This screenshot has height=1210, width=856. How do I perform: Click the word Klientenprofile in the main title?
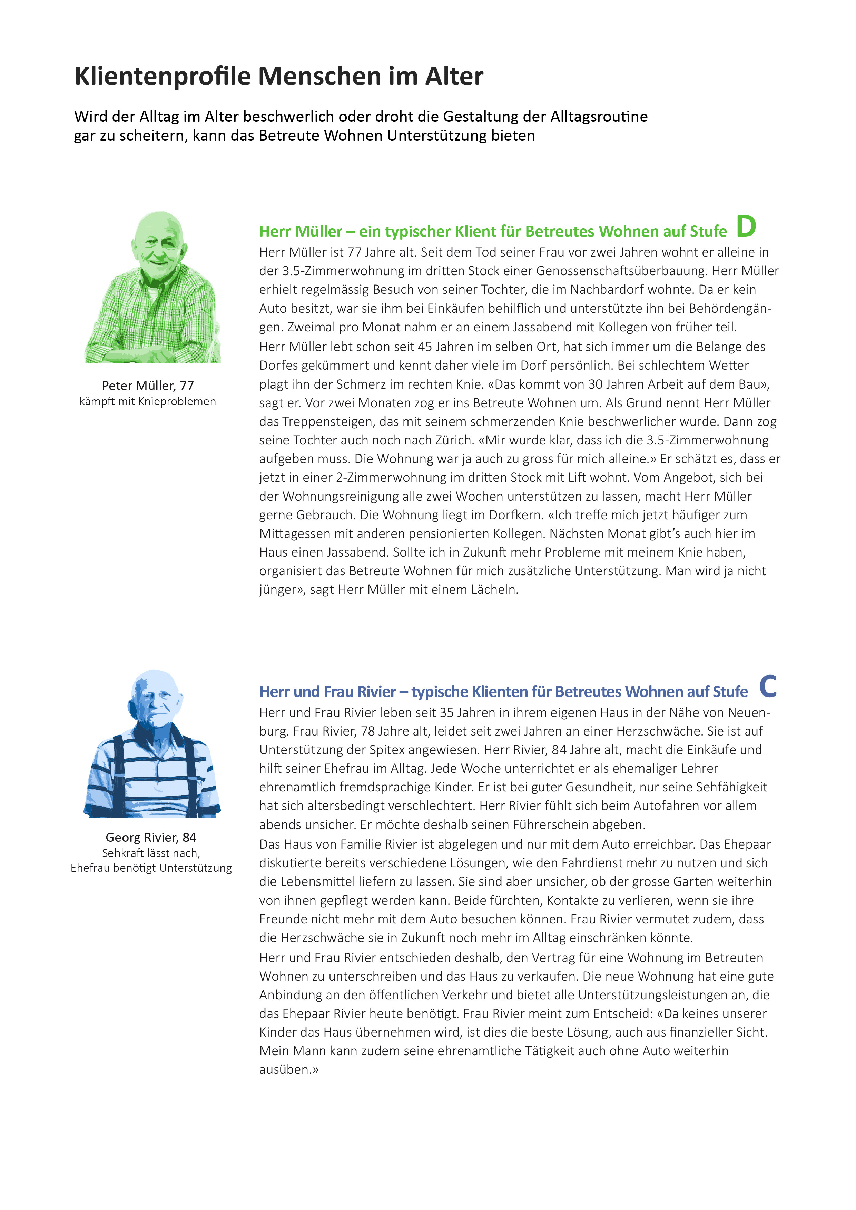(163, 77)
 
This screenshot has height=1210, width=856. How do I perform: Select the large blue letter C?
(768, 686)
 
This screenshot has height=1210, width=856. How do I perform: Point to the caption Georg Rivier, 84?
(151, 837)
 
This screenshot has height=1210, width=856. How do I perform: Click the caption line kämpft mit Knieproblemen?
(148, 402)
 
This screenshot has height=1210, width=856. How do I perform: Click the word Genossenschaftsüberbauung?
(620, 271)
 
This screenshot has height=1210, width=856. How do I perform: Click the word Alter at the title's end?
(454, 77)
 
